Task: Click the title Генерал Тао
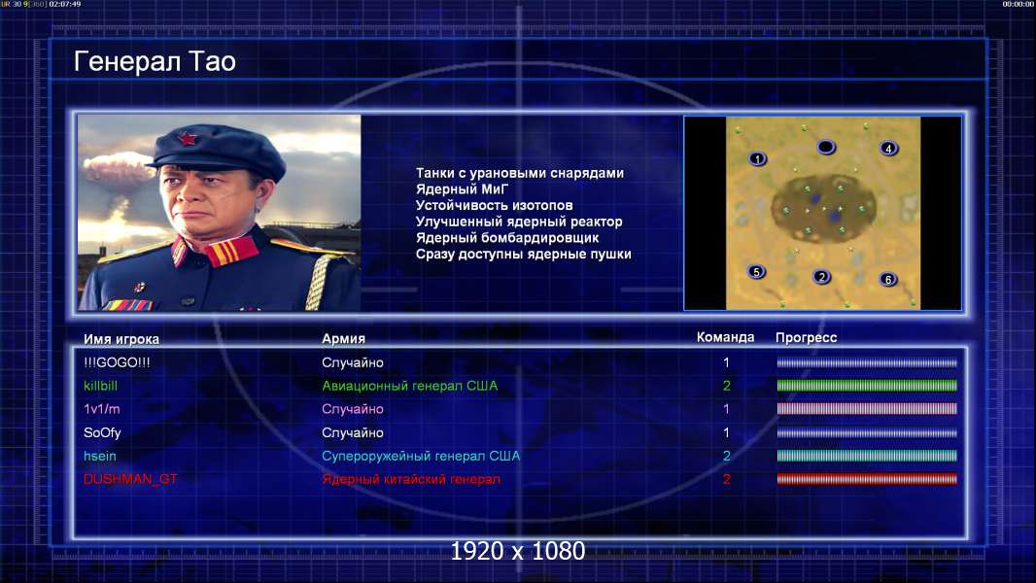click(155, 61)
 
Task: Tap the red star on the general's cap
click(187, 139)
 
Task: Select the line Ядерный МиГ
click(462, 189)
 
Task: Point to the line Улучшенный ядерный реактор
click(519, 222)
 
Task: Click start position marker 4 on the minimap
click(888, 149)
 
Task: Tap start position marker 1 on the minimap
click(757, 158)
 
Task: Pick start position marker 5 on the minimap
click(756, 271)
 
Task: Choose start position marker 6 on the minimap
click(888, 279)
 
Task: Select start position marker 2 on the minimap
click(821, 277)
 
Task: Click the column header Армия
click(343, 339)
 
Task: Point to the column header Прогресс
click(806, 338)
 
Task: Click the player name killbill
click(100, 386)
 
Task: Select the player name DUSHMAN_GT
click(130, 479)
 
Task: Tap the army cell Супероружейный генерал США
click(421, 457)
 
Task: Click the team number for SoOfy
click(726, 433)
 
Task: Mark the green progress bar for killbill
click(867, 386)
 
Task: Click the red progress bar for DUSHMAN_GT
click(867, 479)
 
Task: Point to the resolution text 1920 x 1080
click(517, 551)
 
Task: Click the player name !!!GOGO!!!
click(117, 362)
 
